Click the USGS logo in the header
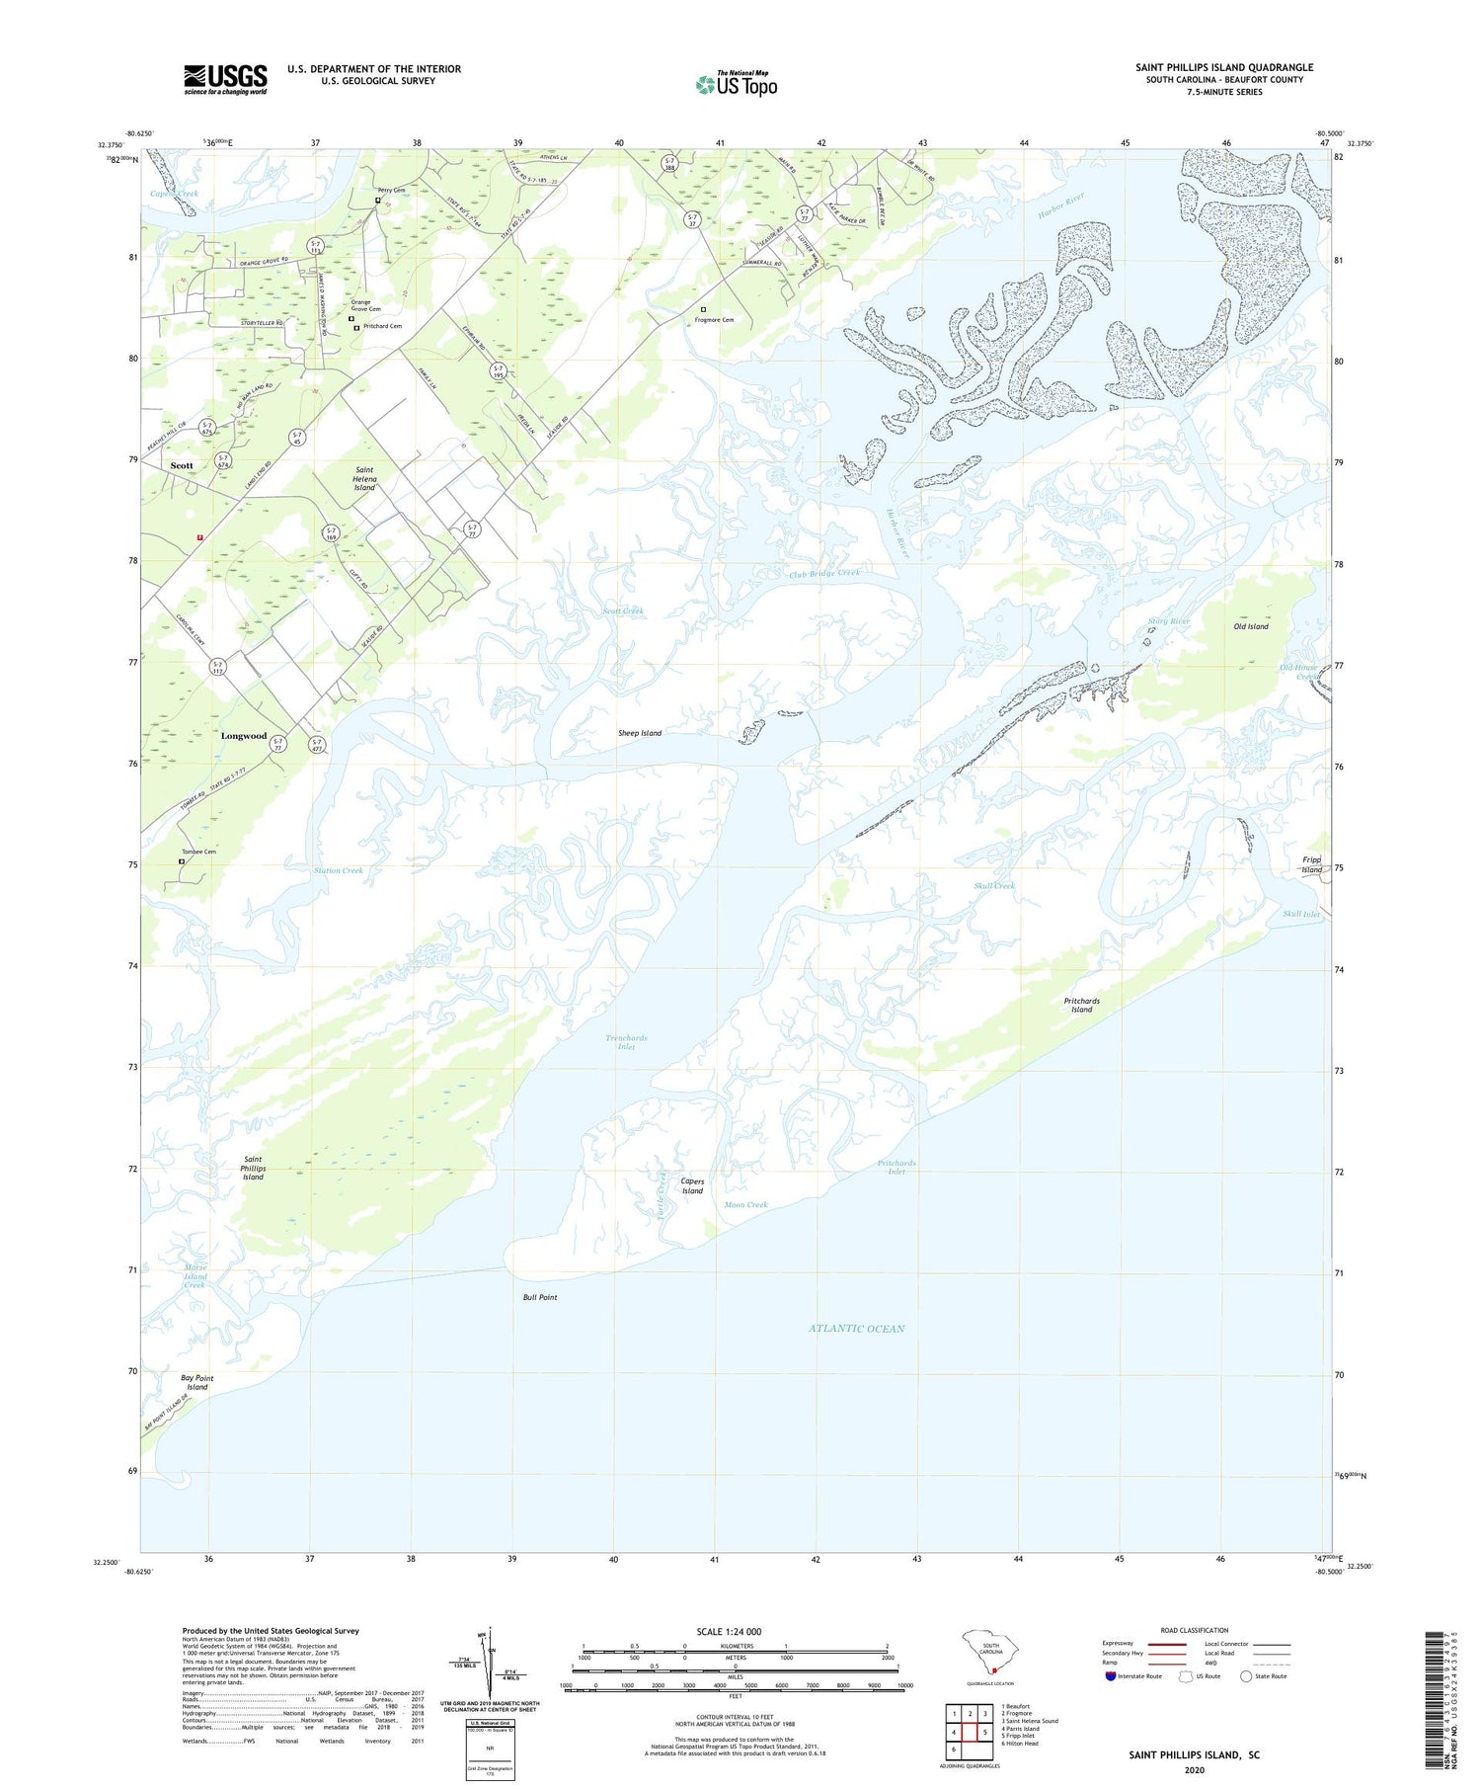click(225, 79)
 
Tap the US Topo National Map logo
click(737, 84)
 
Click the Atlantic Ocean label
click(856, 1329)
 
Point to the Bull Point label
click(540, 1297)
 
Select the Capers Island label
click(692, 1186)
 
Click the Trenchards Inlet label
click(626, 1042)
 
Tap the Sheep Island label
click(640, 733)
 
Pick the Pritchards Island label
click(1082, 1005)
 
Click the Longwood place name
click(244, 736)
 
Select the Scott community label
click(182, 465)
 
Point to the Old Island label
click(1251, 626)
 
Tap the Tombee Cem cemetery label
click(198, 852)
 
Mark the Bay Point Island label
click(197, 1382)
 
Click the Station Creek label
click(339, 870)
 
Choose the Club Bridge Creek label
click(824, 573)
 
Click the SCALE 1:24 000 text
click(729, 1631)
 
